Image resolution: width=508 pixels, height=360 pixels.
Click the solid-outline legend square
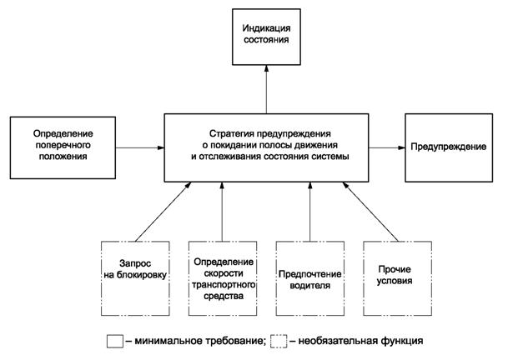click(115, 342)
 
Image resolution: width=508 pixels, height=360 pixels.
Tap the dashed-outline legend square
click(279, 342)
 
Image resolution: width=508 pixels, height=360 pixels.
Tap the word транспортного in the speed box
click(222, 283)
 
